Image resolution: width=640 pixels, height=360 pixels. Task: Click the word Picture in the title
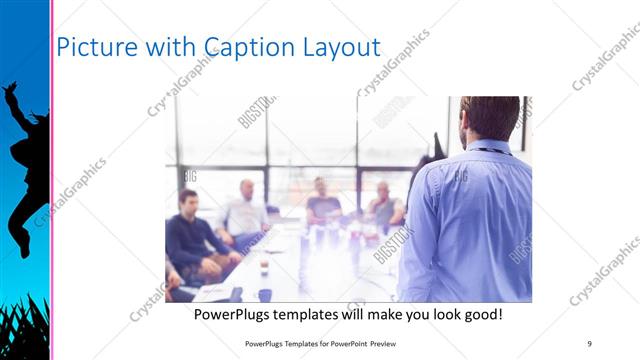coord(92,47)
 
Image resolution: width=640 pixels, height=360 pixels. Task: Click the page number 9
coord(590,343)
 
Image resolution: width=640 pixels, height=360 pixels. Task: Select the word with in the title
coord(167,47)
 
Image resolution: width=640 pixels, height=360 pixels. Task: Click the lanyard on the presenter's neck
coord(493,152)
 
